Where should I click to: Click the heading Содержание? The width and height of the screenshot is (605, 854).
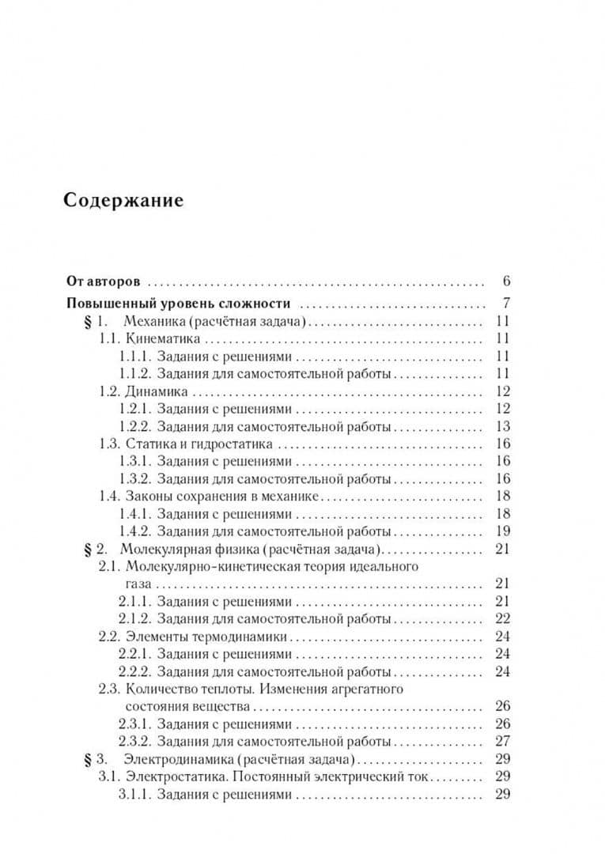pos(123,200)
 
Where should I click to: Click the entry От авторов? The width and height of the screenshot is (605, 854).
pos(104,281)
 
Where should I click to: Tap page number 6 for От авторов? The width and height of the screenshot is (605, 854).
pos(505,281)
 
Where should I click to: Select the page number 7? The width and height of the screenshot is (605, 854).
pos(505,304)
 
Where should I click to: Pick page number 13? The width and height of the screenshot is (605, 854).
pos(502,427)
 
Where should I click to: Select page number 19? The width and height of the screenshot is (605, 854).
pos(502,531)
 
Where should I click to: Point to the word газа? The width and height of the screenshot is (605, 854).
pos(139,584)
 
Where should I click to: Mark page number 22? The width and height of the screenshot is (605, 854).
pos(502,618)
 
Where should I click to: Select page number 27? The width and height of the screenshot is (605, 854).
pos(502,742)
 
